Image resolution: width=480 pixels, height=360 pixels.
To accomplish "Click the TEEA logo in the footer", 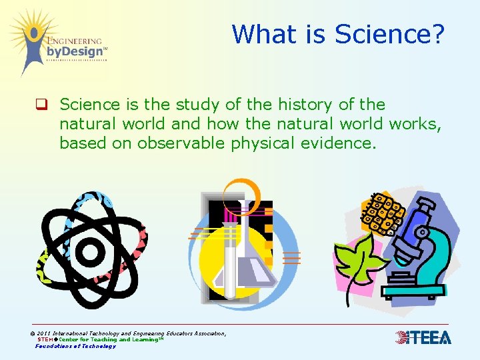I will [423, 338].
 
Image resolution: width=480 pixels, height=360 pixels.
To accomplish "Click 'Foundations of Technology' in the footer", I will [75, 346].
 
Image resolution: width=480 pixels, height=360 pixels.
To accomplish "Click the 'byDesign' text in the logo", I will [75, 51].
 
